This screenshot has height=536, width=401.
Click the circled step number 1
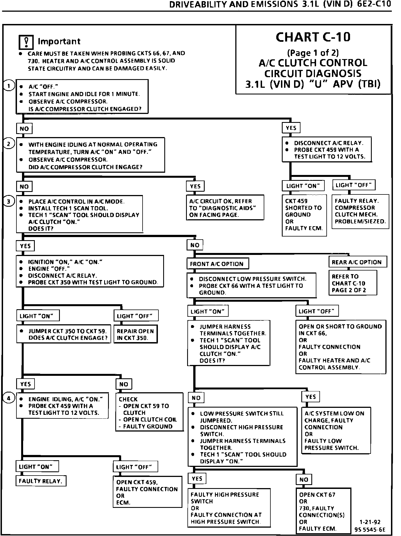pos(9,86)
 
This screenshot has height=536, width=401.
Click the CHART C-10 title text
pos(313,37)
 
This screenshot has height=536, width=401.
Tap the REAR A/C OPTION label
pos(358,262)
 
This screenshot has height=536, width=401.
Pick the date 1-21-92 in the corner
pos(370,522)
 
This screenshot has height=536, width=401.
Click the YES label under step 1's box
pos(291,128)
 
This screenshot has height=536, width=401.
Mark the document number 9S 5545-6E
pos(370,530)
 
